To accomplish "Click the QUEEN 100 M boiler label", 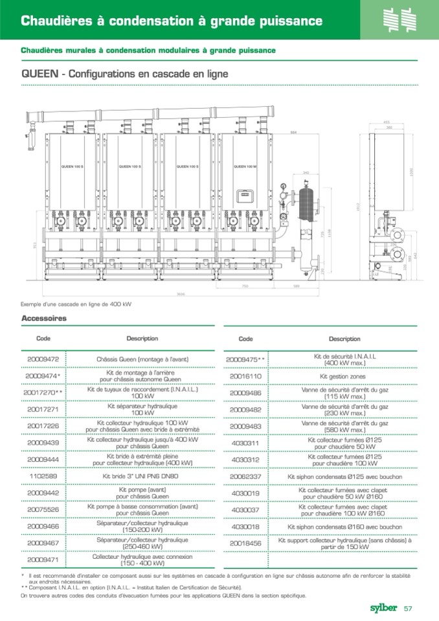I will pyautogui.click(x=245, y=166).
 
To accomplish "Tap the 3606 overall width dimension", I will pyautogui.click(x=181, y=294).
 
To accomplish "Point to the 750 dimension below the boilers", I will pyautogui.click(x=245, y=286).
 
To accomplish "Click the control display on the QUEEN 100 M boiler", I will pyautogui.click(x=244, y=194).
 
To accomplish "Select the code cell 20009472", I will pyautogui.click(x=43, y=359).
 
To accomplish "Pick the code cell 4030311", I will pyautogui.click(x=245, y=443).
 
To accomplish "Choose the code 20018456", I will pyautogui.click(x=245, y=543).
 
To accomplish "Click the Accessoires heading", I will pyautogui.click(x=44, y=319).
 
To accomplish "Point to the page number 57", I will pyautogui.click(x=409, y=608).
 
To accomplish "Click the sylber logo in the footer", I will pyautogui.click(x=383, y=607).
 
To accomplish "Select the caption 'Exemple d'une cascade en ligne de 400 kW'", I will pyautogui.click(x=76, y=304).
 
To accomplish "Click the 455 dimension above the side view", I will pyautogui.click(x=386, y=122).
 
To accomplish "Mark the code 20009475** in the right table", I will pyautogui.click(x=245, y=359).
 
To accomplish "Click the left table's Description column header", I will pyautogui.click(x=142, y=339).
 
